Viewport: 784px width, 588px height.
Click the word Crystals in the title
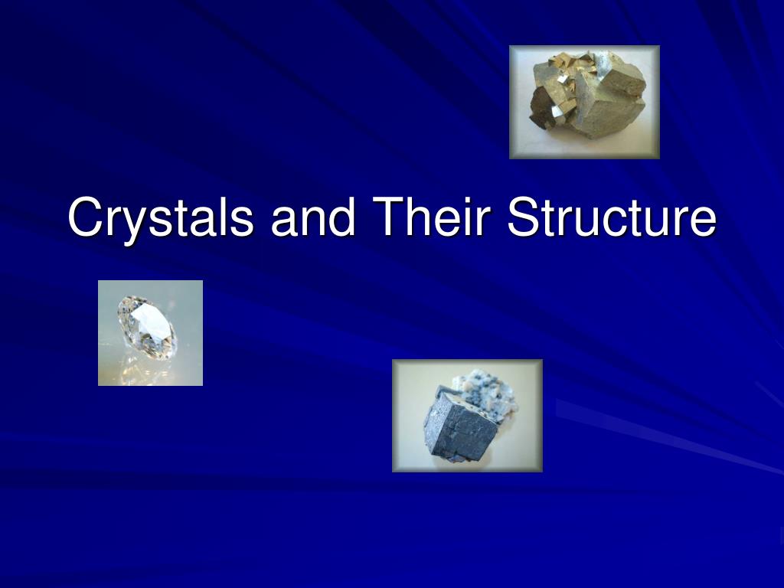pos(161,217)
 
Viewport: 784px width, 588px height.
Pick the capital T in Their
pos(389,216)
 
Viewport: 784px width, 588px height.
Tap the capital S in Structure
pos(524,217)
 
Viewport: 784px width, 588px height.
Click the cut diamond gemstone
pos(146,328)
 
